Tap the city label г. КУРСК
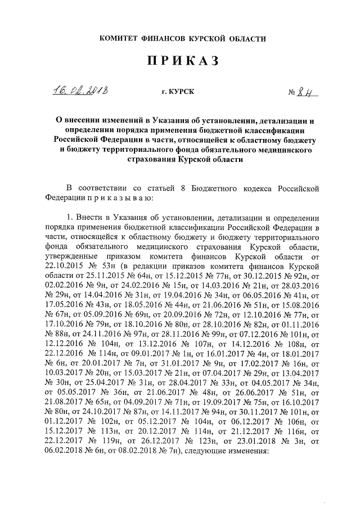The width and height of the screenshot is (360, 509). tap(177, 93)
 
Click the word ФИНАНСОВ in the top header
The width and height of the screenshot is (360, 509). tap(168, 39)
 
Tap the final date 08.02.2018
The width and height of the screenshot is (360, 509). tap(127, 454)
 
